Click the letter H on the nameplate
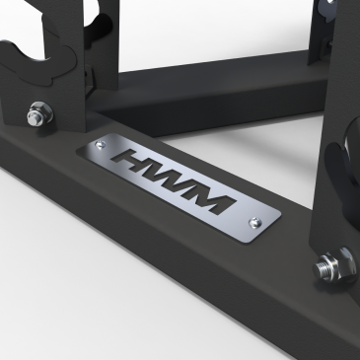click(x=136, y=162)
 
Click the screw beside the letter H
click(x=101, y=144)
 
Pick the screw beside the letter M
click(x=254, y=223)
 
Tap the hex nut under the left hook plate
click(x=40, y=112)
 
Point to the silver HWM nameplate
click(x=179, y=186)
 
